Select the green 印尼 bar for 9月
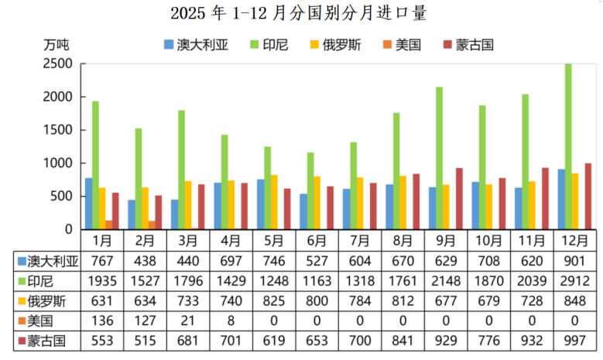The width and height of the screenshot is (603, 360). (x=440, y=159)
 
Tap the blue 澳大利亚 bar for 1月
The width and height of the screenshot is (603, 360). (x=89, y=204)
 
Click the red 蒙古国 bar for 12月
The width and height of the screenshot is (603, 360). (x=588, y=196)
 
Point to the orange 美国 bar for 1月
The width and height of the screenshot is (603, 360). (x=108, y=225)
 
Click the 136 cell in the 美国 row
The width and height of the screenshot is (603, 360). (x=102, y=319)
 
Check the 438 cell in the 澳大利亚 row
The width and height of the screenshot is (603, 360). (x=146, y=260)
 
